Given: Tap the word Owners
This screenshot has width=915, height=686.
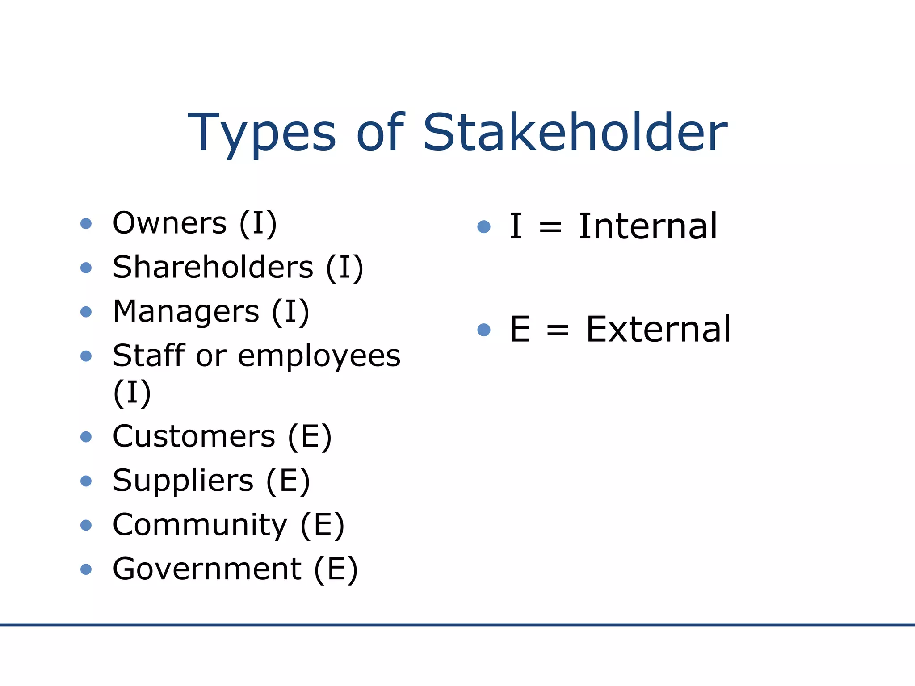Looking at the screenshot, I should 170,223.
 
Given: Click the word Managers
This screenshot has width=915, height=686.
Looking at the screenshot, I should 186,311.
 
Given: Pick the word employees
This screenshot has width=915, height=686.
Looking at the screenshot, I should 319,356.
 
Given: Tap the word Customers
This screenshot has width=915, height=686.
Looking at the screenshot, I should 194,436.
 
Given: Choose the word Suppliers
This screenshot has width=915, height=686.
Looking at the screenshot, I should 183,481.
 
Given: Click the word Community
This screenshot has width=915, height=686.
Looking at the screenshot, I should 200,525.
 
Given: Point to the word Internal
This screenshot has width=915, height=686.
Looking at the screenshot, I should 648,226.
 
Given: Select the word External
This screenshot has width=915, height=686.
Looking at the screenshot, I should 659,330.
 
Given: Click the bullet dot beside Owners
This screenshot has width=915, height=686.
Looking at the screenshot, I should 86,223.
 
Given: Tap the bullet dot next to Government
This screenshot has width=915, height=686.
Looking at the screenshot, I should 86,569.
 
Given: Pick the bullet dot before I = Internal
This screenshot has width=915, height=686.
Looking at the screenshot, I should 484,227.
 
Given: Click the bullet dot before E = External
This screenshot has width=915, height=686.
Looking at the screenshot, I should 484,330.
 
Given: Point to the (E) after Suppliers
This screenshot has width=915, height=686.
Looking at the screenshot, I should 288,481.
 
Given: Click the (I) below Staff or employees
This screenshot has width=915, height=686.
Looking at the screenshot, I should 132,393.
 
